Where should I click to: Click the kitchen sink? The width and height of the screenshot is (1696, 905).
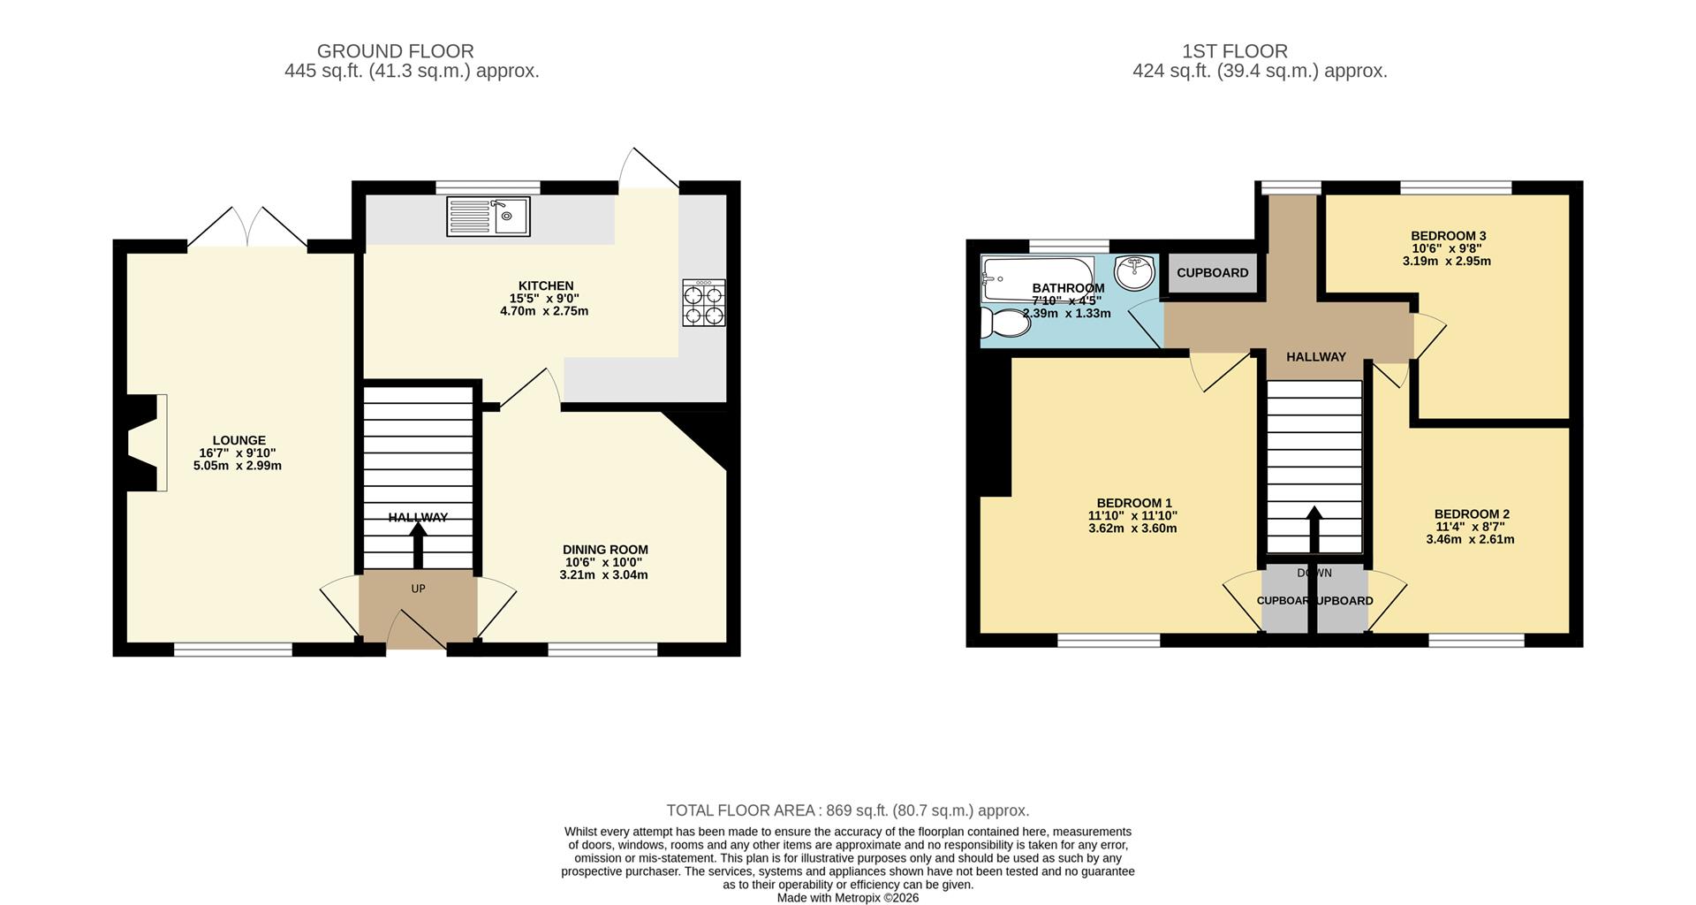[x=488, y=217]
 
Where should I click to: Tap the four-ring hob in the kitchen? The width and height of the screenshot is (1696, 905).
[x=704, y=303]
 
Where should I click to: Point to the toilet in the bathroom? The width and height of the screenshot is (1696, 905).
[x=1005, y=323]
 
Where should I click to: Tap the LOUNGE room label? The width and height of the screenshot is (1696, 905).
[x=238, y=440]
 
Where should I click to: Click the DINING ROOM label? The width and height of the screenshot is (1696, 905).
[x=605, y=550]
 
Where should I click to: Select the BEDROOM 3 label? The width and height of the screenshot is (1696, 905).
[x=1448, y=236]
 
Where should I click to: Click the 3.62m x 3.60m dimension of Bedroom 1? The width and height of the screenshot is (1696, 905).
[x=1132, y=529]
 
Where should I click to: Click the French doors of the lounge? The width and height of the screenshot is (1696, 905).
[x=248, y=228]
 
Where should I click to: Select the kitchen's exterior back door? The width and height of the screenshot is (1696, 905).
[x=648, y=170]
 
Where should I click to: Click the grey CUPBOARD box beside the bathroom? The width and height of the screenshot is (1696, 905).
[x=1212, y=273]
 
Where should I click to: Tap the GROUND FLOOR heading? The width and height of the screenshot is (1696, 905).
[x=395, y=51]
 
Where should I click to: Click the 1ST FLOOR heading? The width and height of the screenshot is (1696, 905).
[x=1234, y=51]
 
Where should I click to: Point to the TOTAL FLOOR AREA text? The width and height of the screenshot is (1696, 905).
[x=847, y=810]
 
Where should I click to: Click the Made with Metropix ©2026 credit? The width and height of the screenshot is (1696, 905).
[x=847, y=897]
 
